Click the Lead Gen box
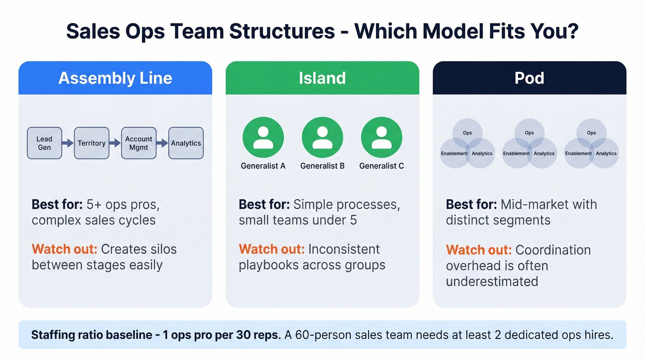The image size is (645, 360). [x=44, y=143]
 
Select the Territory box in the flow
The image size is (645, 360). [x=91, y=143]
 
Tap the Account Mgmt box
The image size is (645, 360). [x=139, y=143]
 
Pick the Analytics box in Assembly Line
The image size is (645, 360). [x=186, y=143]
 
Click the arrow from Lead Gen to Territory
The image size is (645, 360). [x=68, y=143]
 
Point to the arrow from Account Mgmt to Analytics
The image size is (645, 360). [x=162, y=143]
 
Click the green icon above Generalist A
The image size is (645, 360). [x=263, y=138]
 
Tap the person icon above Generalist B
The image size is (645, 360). [x=322, y=138]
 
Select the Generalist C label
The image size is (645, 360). [x=381, y=166]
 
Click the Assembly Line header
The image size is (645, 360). [x=115, y=78]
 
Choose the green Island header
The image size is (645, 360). [x=322, y=78]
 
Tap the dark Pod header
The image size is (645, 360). [x=529, y=78]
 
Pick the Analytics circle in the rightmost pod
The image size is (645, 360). [x=605, y=153]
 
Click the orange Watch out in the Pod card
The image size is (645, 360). [x=478, y=250]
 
